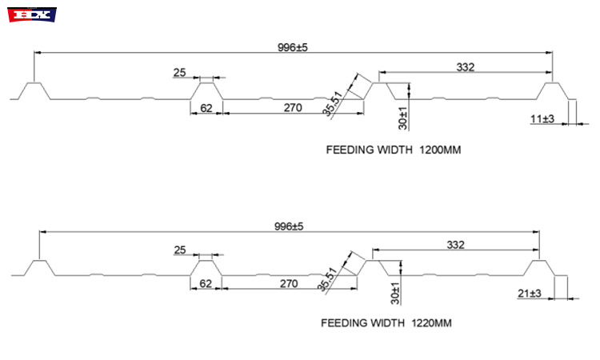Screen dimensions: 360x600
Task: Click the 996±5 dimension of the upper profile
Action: pos(292,48)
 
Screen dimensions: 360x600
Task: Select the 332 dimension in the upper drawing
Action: pos(466,67)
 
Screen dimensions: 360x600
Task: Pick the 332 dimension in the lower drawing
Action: pos(456,244)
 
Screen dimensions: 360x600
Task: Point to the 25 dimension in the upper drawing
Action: pos(179,73)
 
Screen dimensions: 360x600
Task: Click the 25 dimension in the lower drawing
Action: pos(180,250)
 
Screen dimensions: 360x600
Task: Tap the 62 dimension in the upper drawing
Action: pos(206,108)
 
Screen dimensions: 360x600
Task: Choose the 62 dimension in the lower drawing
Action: pos(206,284)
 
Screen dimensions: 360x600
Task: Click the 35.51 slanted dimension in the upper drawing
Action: pos(331,104)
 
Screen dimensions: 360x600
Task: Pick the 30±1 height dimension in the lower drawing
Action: pos(394,294)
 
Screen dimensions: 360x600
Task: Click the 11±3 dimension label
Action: pos(542,118)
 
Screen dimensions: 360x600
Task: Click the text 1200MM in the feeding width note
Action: pos(441,150)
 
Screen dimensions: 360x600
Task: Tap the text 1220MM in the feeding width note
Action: pos(432,324)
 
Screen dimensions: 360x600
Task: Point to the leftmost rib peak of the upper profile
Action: pos(33,82)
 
